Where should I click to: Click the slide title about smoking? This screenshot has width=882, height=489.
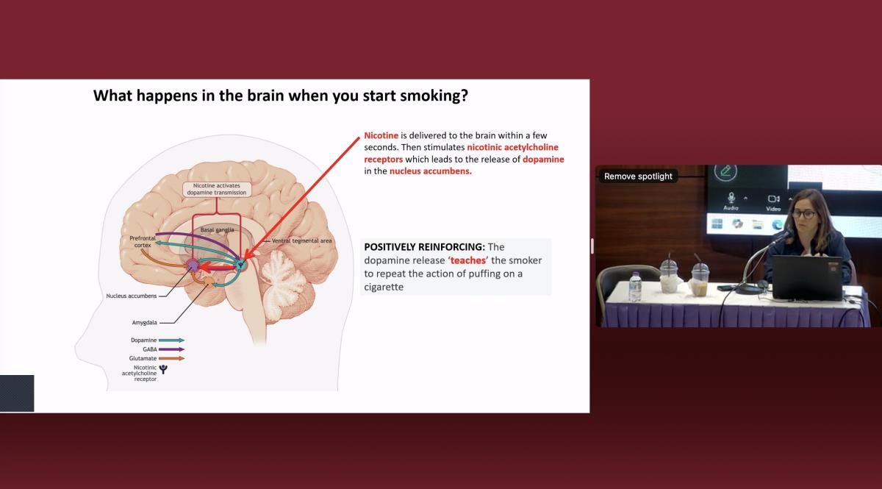[280, 96]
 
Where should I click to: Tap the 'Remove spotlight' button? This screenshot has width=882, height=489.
[638, 176]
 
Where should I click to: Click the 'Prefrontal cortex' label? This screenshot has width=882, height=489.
[143, 241]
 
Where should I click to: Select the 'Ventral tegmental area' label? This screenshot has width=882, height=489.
[301, 240]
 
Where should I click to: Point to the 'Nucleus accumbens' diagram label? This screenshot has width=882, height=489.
[132, 296]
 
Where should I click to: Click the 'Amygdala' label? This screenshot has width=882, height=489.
[145, 322]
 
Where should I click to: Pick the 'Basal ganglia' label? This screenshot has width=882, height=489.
[217, 229]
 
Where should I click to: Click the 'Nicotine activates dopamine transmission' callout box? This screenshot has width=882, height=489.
[217, 189]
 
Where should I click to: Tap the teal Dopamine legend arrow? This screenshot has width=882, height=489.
[171, 340]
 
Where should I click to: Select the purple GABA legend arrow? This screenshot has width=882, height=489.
[171, 349]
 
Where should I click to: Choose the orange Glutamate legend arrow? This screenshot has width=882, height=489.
[171, 358]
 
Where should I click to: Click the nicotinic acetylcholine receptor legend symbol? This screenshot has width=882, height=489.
[163, 369]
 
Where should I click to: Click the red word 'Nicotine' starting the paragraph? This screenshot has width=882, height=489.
[381, 135]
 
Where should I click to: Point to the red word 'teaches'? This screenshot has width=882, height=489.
[467, 260]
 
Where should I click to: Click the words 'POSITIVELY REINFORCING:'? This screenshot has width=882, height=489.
[425, 247]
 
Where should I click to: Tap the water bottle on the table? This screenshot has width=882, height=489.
[635, 287]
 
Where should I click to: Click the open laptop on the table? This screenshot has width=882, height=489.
[807, 278]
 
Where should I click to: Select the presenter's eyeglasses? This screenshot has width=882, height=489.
[803, 214]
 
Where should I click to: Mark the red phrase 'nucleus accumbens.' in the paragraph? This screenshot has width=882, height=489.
[431, 171]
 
